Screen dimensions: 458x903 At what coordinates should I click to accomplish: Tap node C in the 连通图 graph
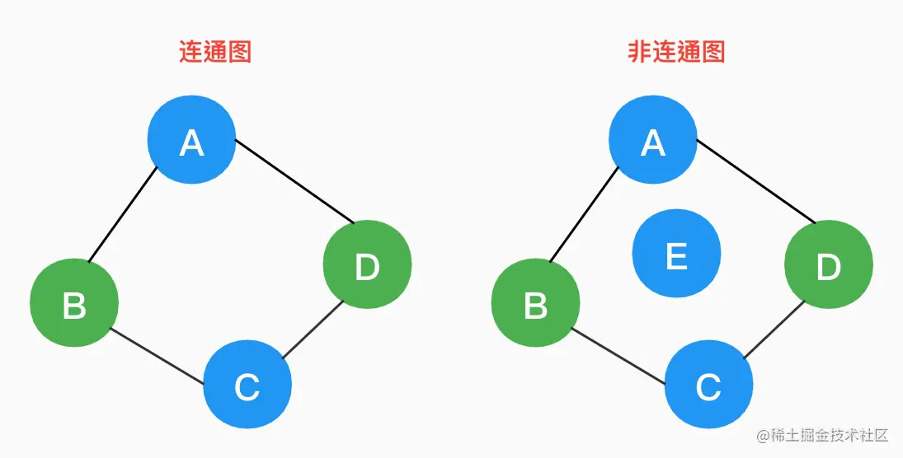click(247, 384)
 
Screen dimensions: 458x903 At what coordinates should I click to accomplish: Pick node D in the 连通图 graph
click(367, 264)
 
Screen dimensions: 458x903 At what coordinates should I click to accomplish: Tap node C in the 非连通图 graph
click(708, 384)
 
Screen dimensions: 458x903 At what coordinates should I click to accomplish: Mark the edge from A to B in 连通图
click(122, 216)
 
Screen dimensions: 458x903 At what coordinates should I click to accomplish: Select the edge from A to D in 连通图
click(294, 181)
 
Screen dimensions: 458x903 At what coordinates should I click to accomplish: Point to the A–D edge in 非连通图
click(755, 181)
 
